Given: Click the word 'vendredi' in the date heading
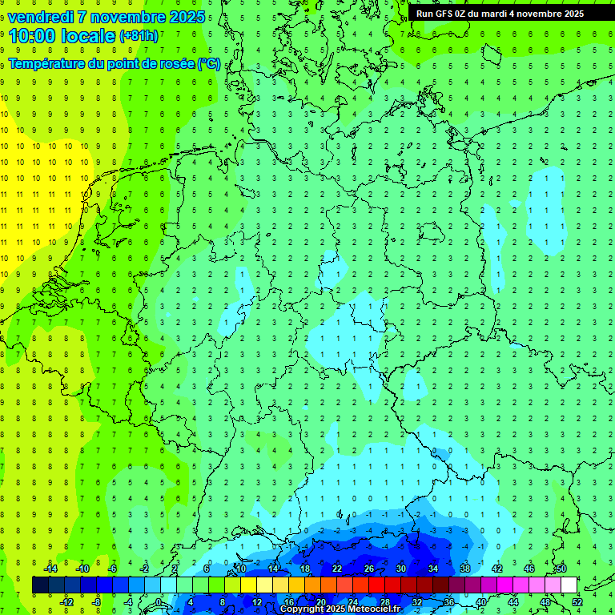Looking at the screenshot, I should click(x=40, y=17).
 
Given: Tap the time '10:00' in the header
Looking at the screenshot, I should click(x=33, y=36).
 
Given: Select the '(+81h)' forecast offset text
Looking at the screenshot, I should click(x=139, y=36).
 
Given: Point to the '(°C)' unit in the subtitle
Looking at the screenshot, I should click(x=209, y=64).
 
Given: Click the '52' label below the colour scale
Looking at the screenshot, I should click(x=577, y=602).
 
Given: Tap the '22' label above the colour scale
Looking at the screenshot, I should click(x=337, y=569).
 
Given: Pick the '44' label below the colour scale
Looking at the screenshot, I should click(x=513, y=602).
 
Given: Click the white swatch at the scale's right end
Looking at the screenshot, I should click(x=569, y=585).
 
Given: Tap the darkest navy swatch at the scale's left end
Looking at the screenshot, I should click(x=40, y=585).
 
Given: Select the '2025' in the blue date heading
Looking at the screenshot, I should click(x=183, y=17).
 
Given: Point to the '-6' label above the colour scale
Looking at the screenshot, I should click(x=113, y=569).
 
